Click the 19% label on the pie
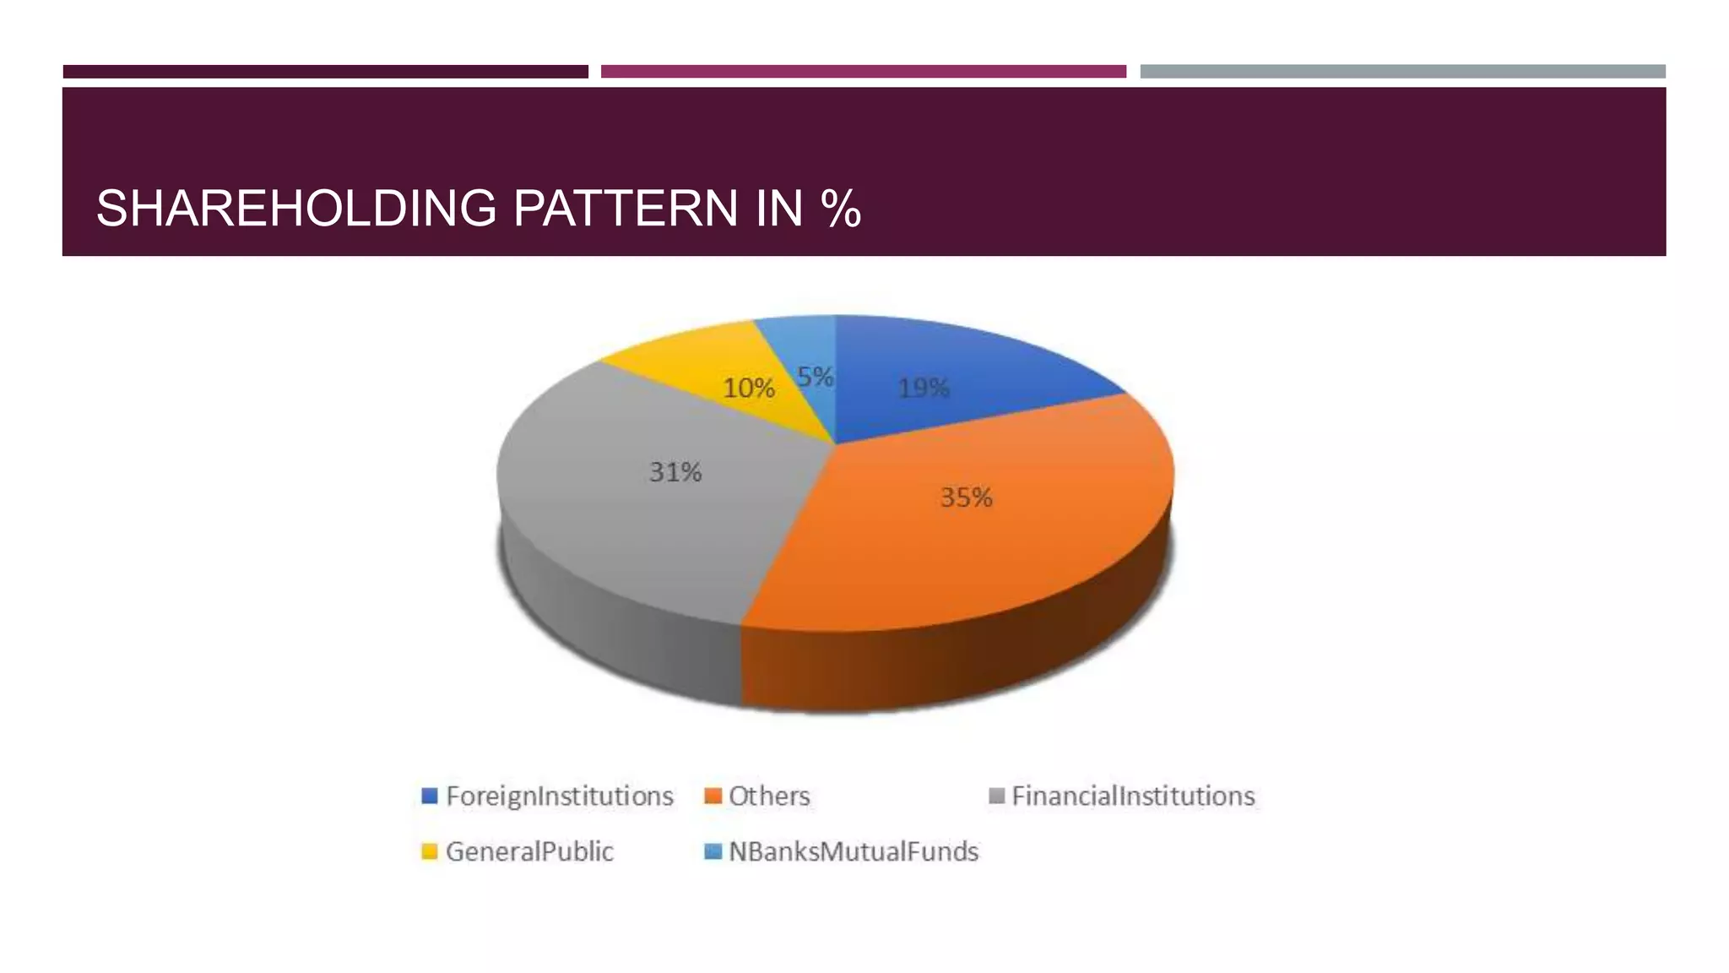[924, 389]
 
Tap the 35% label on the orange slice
[966, 497]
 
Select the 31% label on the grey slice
[675, 472]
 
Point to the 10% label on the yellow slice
[748, 389]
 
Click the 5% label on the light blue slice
[815, 377]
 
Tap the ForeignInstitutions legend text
[559, 796]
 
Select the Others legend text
[769, 796]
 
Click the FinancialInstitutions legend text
[1133, 796]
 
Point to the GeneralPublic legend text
[529, 851]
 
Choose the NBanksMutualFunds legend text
[854, 851]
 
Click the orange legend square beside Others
[713, 796]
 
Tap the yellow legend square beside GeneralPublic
[430, 851]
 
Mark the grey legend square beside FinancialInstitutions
[997, 796]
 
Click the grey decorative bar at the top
[1402, 72]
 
